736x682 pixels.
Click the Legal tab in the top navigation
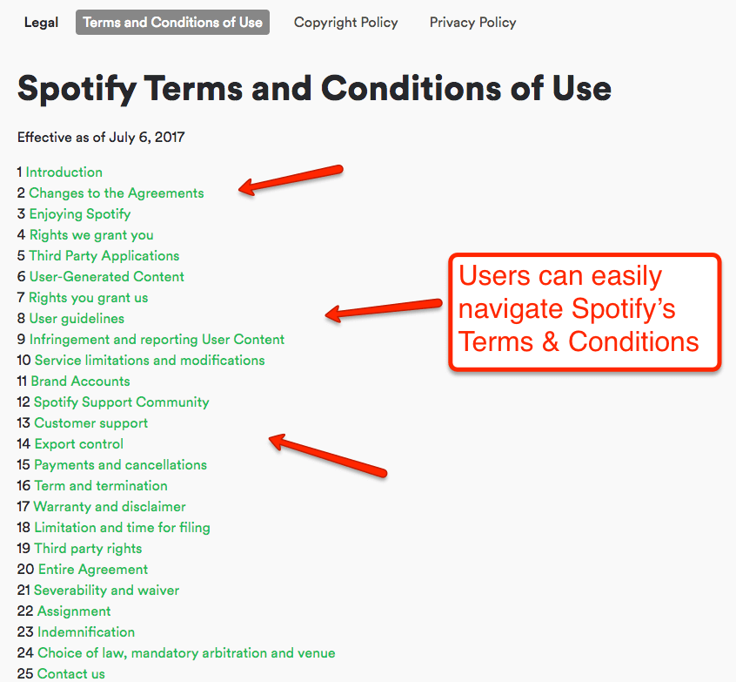click(x=41, y=23)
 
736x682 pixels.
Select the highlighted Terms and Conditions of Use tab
click(x=172, y=23)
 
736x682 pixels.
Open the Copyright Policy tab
click(x=345, y=23)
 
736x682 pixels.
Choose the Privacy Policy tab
click(x=472, y=23)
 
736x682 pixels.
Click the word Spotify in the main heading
click(x=75, y=89)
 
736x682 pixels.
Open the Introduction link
click(x=64, y=172)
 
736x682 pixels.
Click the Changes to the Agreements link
click(x=116, y=193)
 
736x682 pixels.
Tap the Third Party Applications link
click(x=104, y=256)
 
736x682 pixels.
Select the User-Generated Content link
click(x=106, y=277)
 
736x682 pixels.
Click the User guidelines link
click(x=77, y=319)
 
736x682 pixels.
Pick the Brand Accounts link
click(x=80, y=382)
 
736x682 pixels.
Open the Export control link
click(x=78, y=444)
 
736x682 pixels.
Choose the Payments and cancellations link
click(x=120, y=465)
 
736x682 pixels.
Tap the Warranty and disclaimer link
click(x=110, y=507)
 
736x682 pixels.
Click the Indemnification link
click(x=85, y=632)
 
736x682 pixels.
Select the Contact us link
click(x=70, y=674)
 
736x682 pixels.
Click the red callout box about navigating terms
click(x=585, y=310)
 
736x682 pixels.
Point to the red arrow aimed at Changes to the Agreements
click(x=291, y=178)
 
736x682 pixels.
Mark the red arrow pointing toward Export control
click(x=326, y=456)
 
